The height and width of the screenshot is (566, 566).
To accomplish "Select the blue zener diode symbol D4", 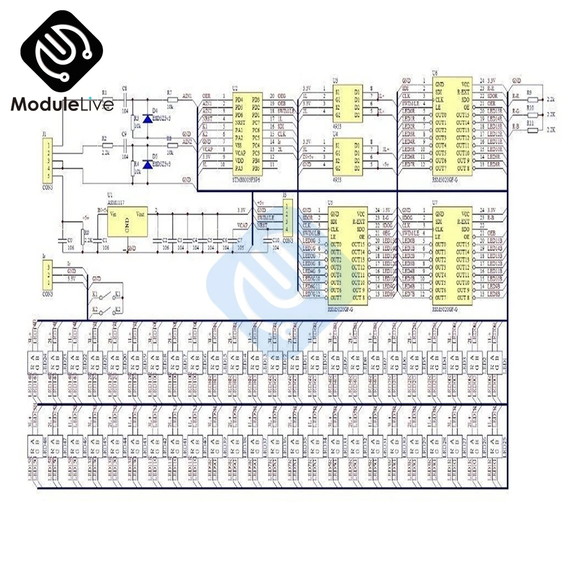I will click(148, 119).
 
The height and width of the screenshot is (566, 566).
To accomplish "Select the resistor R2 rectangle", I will click(105, 146).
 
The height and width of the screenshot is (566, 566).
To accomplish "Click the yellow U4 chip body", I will click(346, 153).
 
